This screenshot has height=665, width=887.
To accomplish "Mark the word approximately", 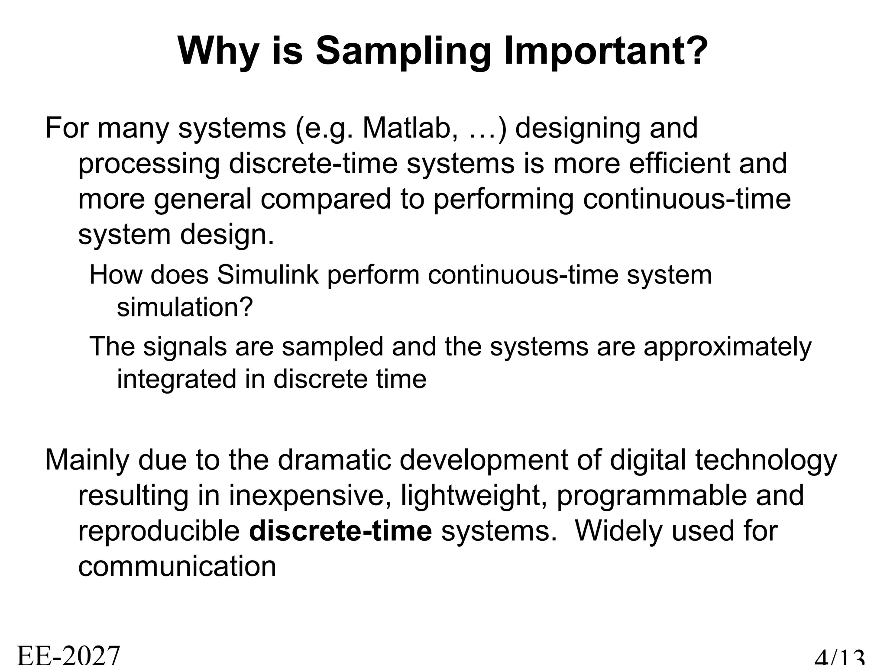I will coord(727,347).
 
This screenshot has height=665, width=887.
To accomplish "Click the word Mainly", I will coord(87,460).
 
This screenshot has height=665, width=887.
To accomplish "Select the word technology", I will coord(766,460).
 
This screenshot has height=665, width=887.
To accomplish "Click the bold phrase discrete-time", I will coord(340,531).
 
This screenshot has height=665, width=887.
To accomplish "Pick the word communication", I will coord(177,566).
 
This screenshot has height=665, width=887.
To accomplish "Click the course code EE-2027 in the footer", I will coord(68,655).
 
